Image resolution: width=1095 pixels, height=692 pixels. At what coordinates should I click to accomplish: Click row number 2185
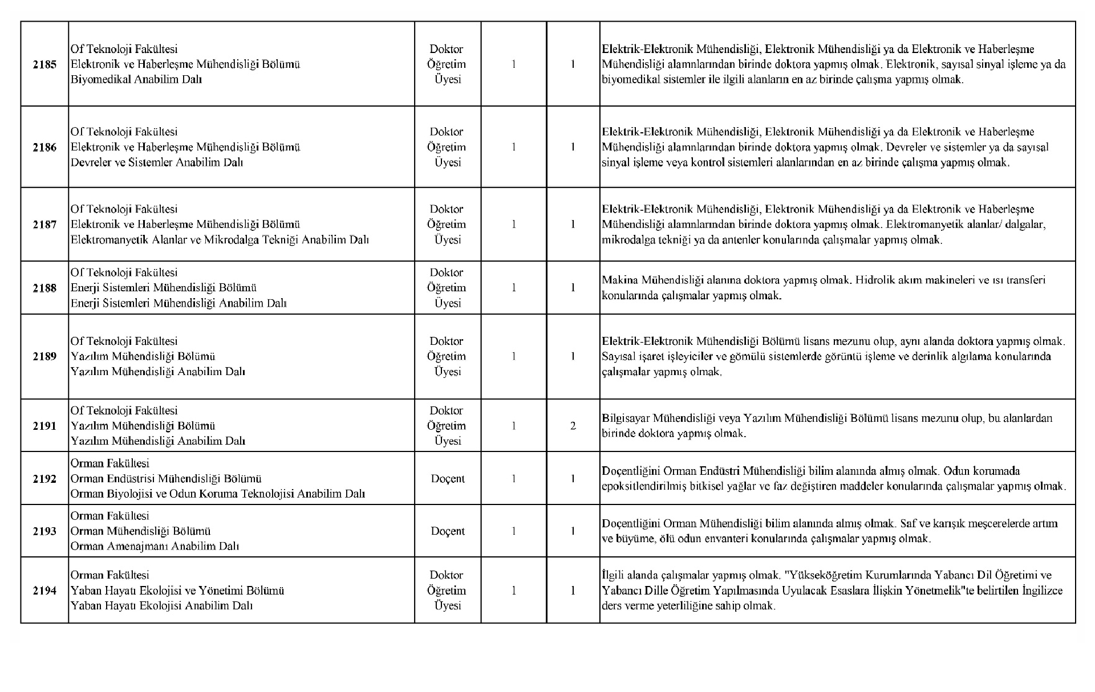point(44,64)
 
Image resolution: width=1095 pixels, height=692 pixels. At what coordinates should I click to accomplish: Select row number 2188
point(44,288)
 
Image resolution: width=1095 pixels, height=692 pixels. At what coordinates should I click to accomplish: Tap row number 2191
point(44,426)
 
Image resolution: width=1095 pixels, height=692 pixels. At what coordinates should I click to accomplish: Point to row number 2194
point(44,591)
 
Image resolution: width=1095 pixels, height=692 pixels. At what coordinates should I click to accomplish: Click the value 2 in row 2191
point(573,426)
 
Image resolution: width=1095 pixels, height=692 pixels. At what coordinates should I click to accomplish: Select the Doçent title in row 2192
point(448,479)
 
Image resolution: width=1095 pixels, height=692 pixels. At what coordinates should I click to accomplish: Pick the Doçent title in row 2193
point(448,531)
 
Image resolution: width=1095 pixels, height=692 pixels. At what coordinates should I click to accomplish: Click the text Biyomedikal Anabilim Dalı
point(136,79)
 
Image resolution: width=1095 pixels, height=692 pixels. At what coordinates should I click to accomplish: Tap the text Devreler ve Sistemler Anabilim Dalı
point(157,162)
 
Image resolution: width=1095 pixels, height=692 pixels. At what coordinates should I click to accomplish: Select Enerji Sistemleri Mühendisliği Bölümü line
point(164,288)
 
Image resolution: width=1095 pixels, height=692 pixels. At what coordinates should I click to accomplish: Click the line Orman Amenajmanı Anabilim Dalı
point(155,546)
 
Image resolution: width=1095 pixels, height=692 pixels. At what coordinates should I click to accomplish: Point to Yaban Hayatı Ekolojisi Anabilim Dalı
point(161,605)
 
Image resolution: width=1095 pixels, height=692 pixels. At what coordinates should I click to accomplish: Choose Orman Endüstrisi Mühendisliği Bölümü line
point(166,479)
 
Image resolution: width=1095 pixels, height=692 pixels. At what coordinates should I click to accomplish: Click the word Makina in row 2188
point(620,280)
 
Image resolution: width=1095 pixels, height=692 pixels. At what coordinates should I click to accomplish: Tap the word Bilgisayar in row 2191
point(625,418)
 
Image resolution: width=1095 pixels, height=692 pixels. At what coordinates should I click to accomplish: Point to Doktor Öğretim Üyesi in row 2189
point(447,356)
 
